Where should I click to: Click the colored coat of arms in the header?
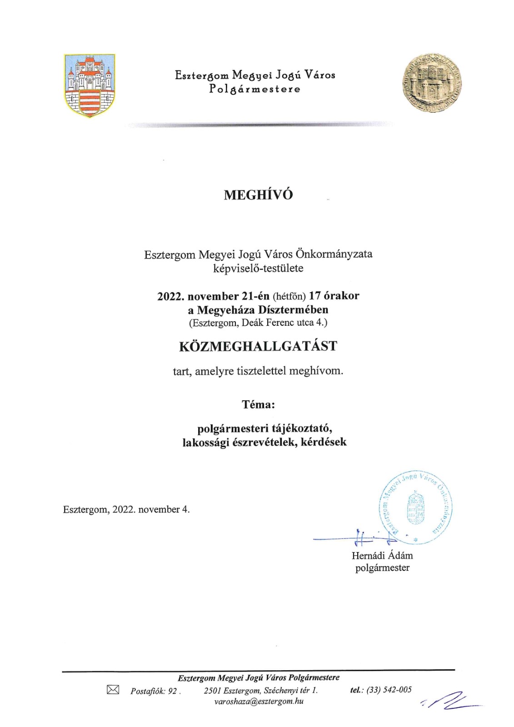point(90,85)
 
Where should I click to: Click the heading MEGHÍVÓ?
point(258,195)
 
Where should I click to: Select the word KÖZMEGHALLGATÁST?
point(258,346)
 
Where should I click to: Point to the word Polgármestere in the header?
point(255,89)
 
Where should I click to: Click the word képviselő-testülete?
point(258,268)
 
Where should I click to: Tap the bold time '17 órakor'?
point(334,296)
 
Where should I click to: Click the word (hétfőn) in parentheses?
point(289,296)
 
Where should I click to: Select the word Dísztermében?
point(293,310)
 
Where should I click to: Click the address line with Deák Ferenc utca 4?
point(258,323)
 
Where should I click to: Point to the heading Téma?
point(258,404)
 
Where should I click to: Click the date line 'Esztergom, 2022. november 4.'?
point(126,509)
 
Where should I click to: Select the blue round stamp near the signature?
point(415,507)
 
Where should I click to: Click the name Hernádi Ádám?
point(382,555)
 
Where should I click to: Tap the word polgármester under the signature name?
point(382,568)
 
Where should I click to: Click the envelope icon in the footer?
point(113,690)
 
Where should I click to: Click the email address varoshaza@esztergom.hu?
point(259,701)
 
